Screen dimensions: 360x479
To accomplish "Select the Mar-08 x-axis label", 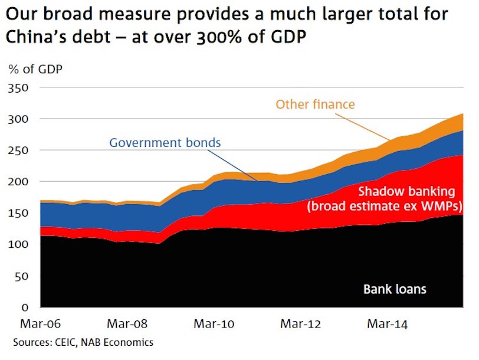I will coord(127,323).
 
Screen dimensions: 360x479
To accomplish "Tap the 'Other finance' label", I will coord(315,105).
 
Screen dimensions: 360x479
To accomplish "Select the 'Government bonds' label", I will coord(165,143).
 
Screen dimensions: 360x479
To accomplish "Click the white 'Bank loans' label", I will coord(395,289).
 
